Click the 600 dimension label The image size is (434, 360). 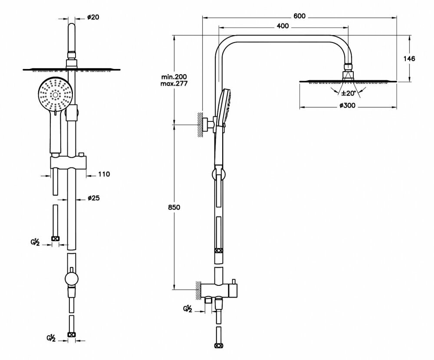pyautogui.click(x=299, y=16)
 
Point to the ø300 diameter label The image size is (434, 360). pyautogui.click(x=347, y=105)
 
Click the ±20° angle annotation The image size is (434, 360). pyautogui.click(x=348, y=93)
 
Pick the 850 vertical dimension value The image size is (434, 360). pyautogui.click(x=174, y=207)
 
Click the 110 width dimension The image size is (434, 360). pyautogui.click(x=104, y=174)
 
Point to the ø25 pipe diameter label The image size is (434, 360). pyautogui.click(x=94, y=198)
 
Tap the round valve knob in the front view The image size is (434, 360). pyautogui.click(x=71, y=278)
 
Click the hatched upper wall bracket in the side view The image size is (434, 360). pyautogui.click(x=201, y=125)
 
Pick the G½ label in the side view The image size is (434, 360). pyautogui.click(x=187, y=309)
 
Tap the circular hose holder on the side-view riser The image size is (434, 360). pyautogui.click(x=218, y=175)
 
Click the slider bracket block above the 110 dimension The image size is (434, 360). pyautogui.click(x=69, y=163)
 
